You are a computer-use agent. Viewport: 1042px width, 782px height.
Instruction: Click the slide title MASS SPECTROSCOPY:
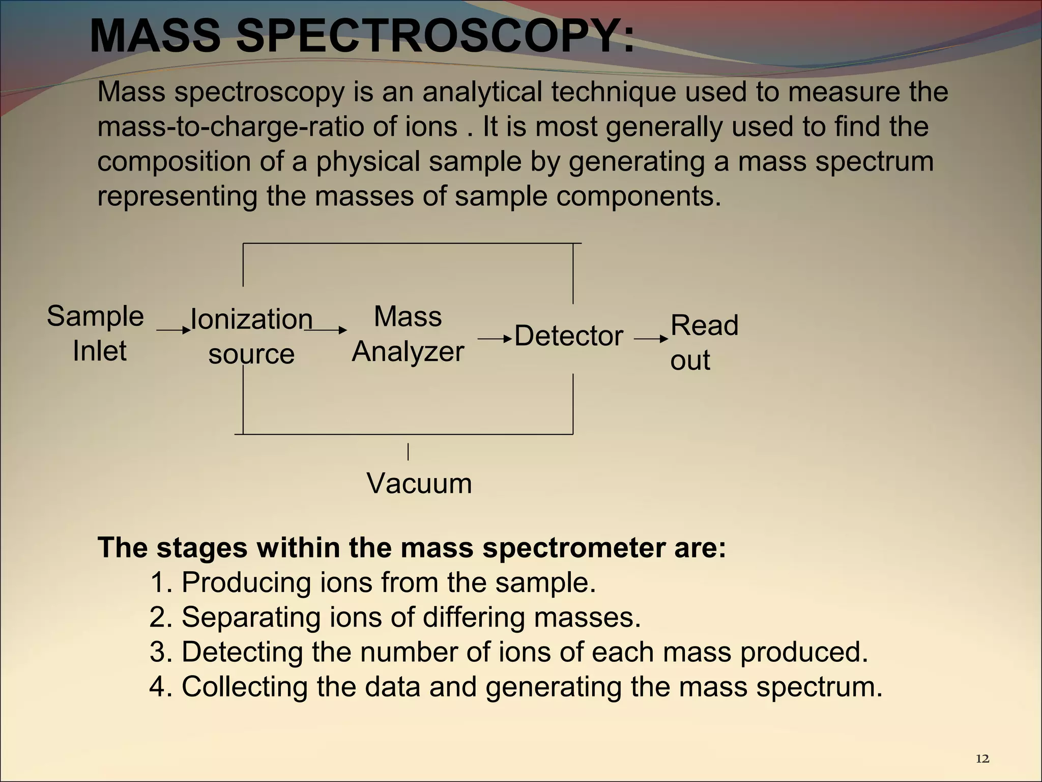(x=362, y=36)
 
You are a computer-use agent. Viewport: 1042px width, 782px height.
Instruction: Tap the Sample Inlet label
(x=96, y=333)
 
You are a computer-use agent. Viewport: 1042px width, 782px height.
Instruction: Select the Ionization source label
(x=251, y=336)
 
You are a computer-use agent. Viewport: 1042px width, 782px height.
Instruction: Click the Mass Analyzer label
(x=408, y=334)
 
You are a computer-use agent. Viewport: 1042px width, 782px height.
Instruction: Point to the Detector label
(x=568, y=336)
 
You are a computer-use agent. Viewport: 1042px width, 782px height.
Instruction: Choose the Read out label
(x=704, y=342)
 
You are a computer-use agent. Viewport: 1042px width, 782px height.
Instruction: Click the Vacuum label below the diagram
(x=419, y=483)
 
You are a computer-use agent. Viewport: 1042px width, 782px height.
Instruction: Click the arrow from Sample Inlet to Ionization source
(x=173, y=330)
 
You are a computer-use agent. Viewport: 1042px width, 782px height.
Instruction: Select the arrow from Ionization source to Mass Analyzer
(x=326, y=330)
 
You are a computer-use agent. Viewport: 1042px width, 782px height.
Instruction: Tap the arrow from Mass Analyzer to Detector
(x=494, y=339)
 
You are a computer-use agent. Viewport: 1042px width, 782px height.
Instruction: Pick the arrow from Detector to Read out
(x=651, y=339)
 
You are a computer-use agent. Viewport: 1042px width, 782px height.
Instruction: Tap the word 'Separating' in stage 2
(x=251, y=617)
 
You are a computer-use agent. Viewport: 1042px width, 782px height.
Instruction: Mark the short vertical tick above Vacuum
(x=408, y=452)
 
